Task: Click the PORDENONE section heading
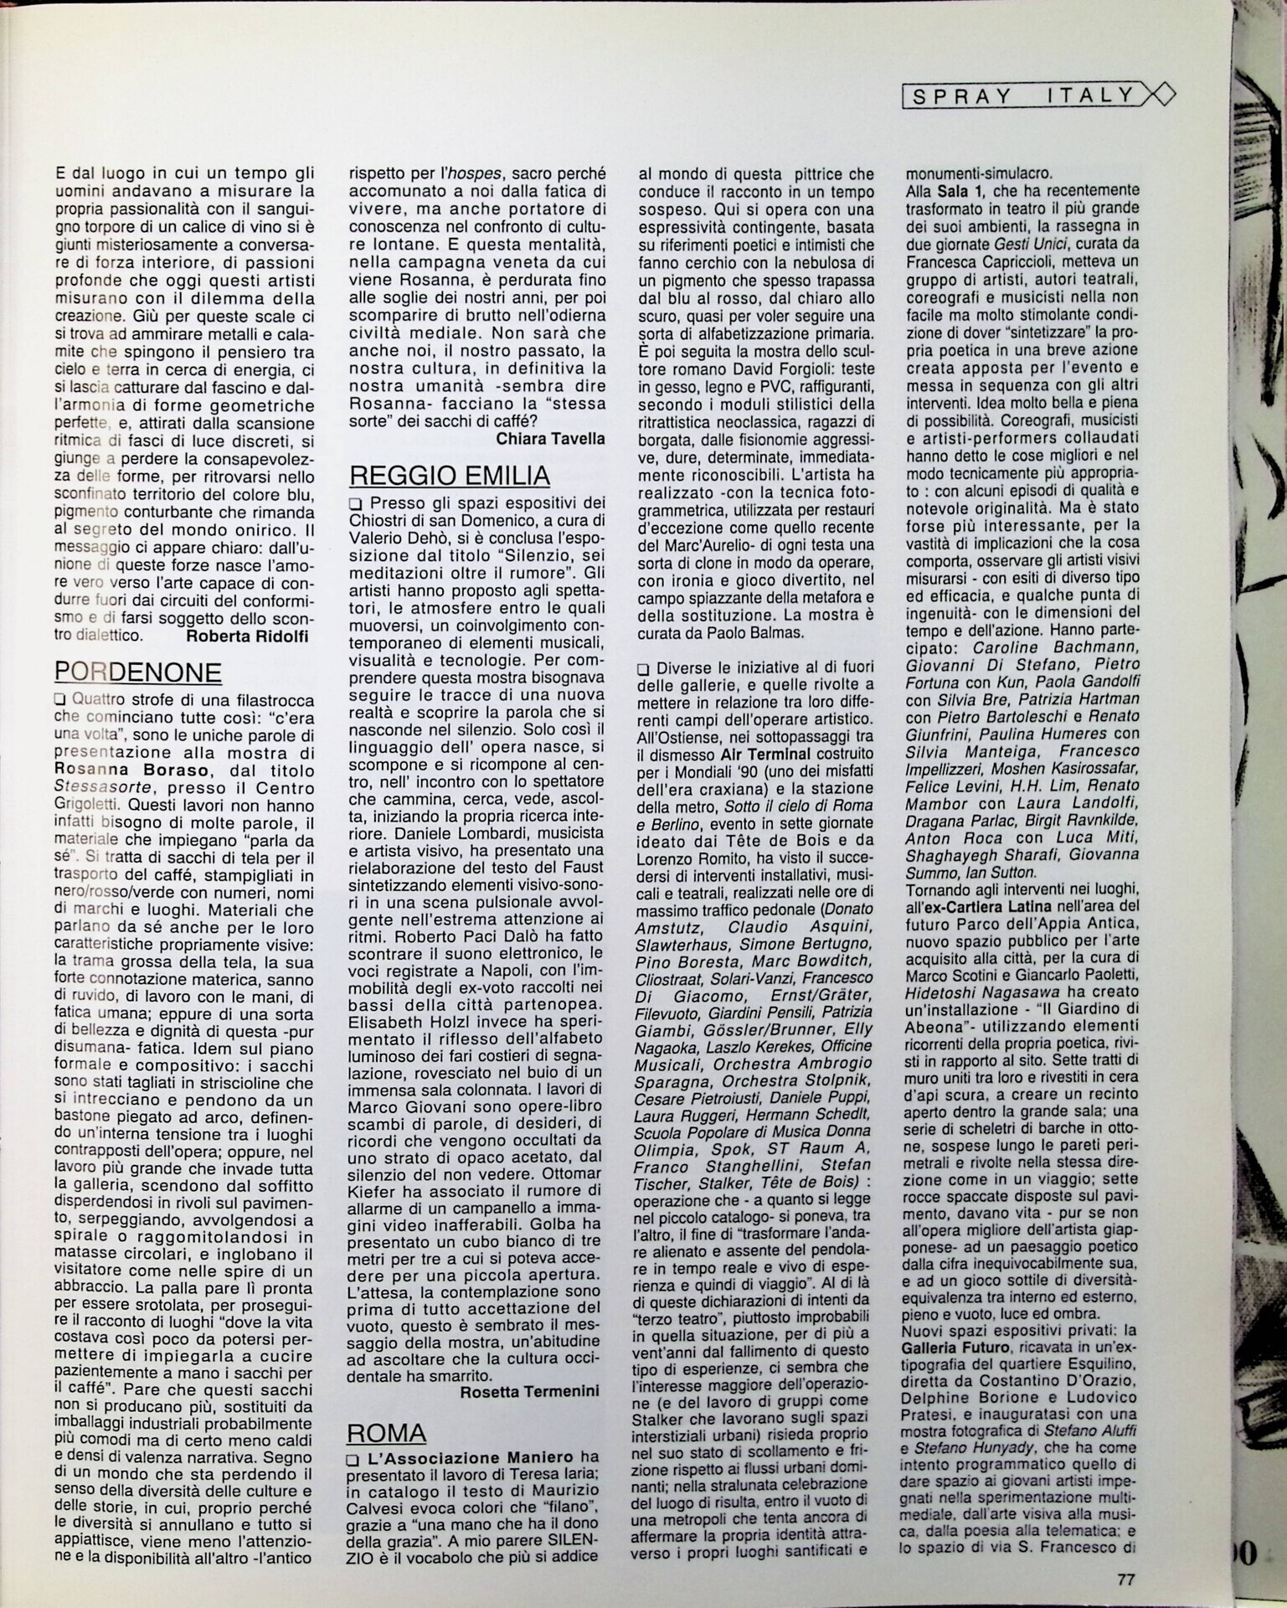click(138, 673)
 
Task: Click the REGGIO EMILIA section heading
click(449, 476)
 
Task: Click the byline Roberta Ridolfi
click(247, 636)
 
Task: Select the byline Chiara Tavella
click(550, 438)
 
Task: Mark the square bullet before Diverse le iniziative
click(643, 670)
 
